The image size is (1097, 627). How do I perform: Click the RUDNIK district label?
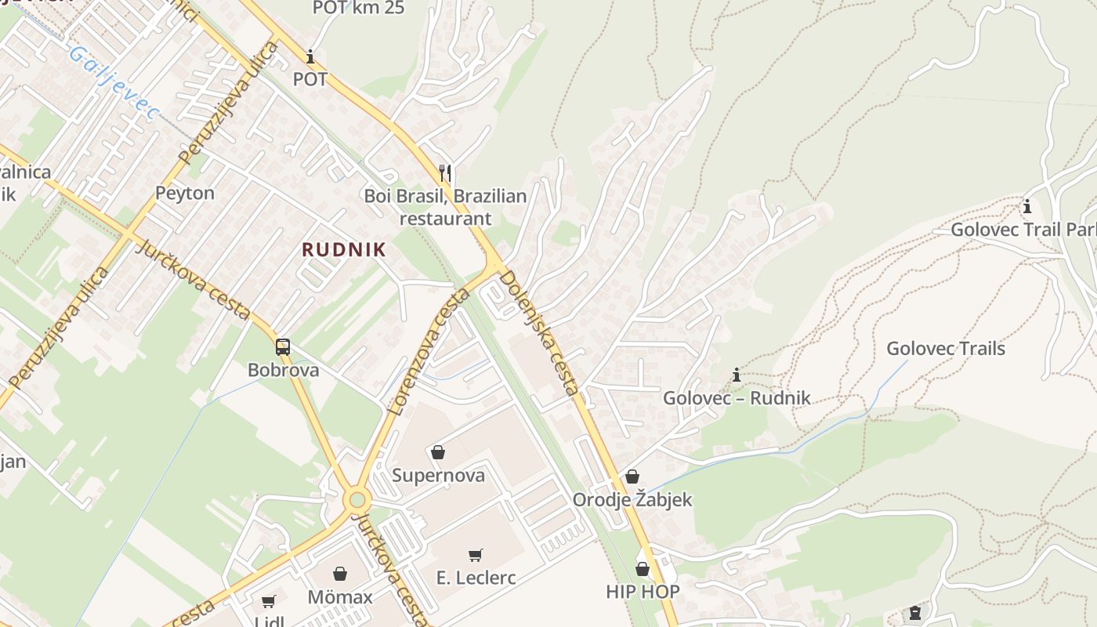(344, 249)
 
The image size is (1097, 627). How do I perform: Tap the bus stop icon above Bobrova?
(283, 347)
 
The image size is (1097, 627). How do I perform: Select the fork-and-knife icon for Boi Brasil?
(445, 172)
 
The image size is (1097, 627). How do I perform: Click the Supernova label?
(438, 475)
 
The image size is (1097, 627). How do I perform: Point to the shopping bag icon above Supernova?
(438, 452)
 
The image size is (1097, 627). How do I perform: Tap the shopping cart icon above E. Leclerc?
(475, 556)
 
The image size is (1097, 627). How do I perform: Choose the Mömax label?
(340, 596)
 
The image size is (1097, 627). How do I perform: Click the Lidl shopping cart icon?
(269, 601)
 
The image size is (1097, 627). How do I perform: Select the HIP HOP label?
(643, 591)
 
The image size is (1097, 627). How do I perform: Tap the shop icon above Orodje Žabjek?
(632, 477)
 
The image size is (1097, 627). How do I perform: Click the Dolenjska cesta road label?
(540, 332)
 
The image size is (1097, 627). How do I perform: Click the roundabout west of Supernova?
(358, 499)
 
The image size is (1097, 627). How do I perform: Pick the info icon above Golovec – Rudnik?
(737, 375)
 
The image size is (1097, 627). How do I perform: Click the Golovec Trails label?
(945, 348)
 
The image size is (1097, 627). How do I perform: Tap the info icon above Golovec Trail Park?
(1026, 207)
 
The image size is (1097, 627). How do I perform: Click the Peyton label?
(185, 193)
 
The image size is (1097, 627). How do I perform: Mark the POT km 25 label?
(359, 8)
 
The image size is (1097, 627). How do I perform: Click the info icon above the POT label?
(310, 56)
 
